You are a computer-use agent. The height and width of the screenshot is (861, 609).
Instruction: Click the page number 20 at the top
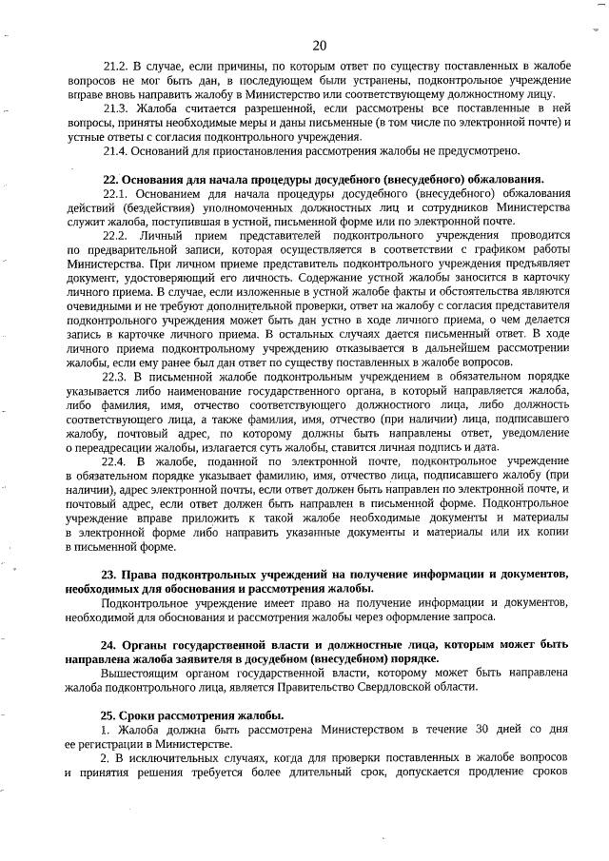(x=319, y=46)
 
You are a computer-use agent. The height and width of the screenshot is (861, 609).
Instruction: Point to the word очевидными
(x=93, y=306)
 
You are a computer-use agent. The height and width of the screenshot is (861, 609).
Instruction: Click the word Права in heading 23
(x=140, y=574)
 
